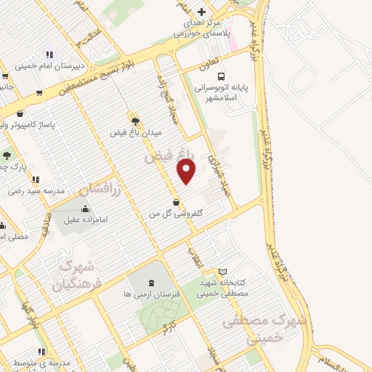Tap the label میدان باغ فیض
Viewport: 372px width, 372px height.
point(135,133)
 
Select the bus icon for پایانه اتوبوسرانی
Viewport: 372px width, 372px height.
point(221,75)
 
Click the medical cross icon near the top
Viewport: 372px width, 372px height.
point(202,12)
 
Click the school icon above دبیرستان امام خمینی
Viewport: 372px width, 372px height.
point(49,54)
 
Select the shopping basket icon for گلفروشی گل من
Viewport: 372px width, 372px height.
point(176,201)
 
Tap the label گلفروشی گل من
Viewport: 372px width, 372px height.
point(175,214)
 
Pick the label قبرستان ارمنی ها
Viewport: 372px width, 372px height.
point(150,294)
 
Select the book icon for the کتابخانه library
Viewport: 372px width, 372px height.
point(222,272)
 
